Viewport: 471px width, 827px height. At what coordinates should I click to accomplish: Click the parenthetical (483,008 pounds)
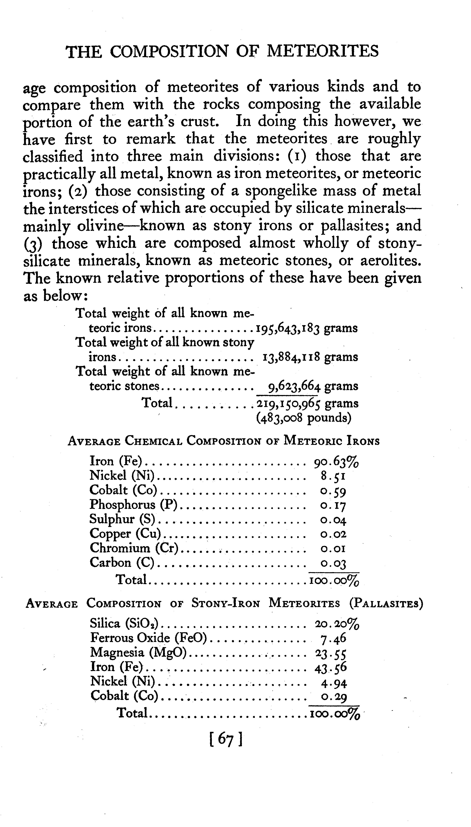(303, 418)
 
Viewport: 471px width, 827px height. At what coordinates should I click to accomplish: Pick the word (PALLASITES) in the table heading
(386, 604)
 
